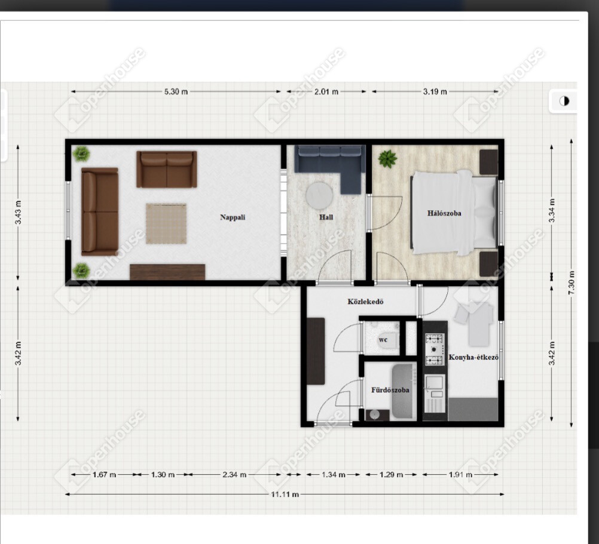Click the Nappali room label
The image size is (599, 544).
coord(233,217)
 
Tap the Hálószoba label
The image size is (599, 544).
coord(444,213)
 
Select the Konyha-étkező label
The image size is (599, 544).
coord(473,358)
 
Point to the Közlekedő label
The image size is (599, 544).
coord(365,302)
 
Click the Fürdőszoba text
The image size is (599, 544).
coord(390,390)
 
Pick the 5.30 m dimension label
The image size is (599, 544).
coord(176,91)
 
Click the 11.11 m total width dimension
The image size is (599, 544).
coord(285,494)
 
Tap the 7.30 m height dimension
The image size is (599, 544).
coord(572,282)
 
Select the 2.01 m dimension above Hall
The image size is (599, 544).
coord(326,91)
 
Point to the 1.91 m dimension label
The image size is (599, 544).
coord(460,475)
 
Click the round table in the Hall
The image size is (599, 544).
coord(319,196)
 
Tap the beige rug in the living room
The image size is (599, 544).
coord(166,223)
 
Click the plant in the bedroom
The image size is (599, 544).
coord(388,159)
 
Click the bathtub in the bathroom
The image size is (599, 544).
coord(404,391)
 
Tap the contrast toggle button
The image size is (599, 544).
coord(564,101)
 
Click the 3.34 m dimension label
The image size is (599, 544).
coord(552,211)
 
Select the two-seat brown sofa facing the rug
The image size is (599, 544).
coord(167,169)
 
